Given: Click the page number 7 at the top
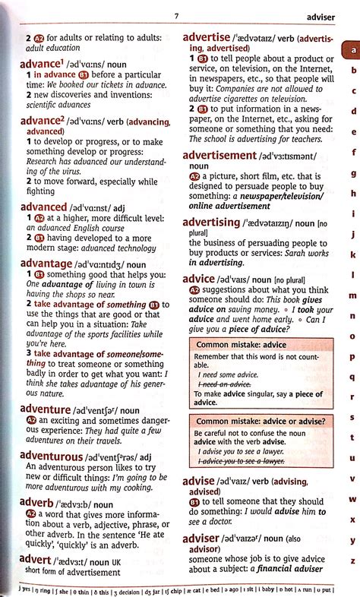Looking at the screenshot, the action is [176, 15].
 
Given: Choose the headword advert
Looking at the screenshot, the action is [39, 560].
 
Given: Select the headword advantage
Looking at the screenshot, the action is [46, 263].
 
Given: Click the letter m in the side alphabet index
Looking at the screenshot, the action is [352, 295].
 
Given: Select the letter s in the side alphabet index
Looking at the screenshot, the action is [352, 417].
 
